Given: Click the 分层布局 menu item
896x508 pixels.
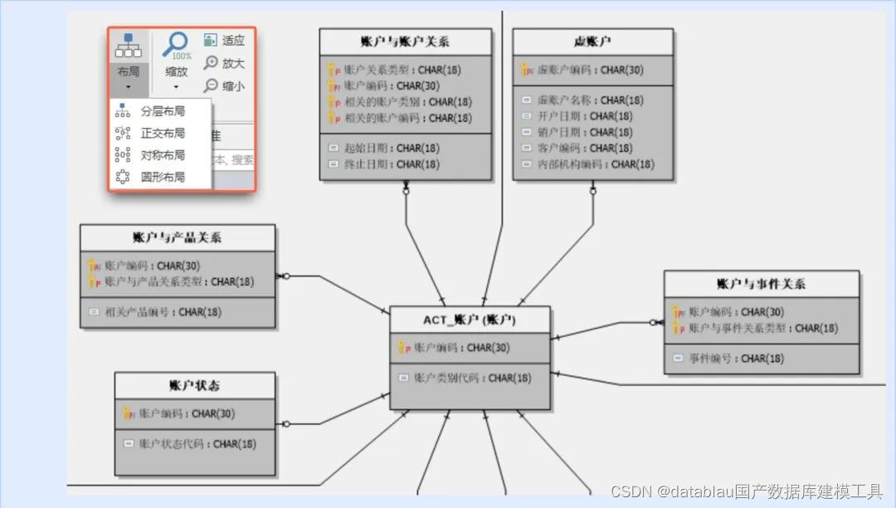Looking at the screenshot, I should click(162, 111).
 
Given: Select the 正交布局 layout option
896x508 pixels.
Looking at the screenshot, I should click(162, 133).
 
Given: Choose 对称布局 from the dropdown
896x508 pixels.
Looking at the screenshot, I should click(162, 155).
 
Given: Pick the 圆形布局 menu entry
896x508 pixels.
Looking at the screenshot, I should click(162, 177).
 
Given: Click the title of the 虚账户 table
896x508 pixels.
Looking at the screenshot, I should click(592, 42).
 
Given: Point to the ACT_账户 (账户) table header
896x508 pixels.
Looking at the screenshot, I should click(470, 320).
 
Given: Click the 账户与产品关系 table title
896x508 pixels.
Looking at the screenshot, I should click(177, 237).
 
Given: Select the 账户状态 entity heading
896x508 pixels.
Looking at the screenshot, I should click(194, 385).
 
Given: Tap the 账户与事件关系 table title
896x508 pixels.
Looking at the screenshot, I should click(761, 284).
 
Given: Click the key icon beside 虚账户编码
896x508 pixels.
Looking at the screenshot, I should click(527, 71).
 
